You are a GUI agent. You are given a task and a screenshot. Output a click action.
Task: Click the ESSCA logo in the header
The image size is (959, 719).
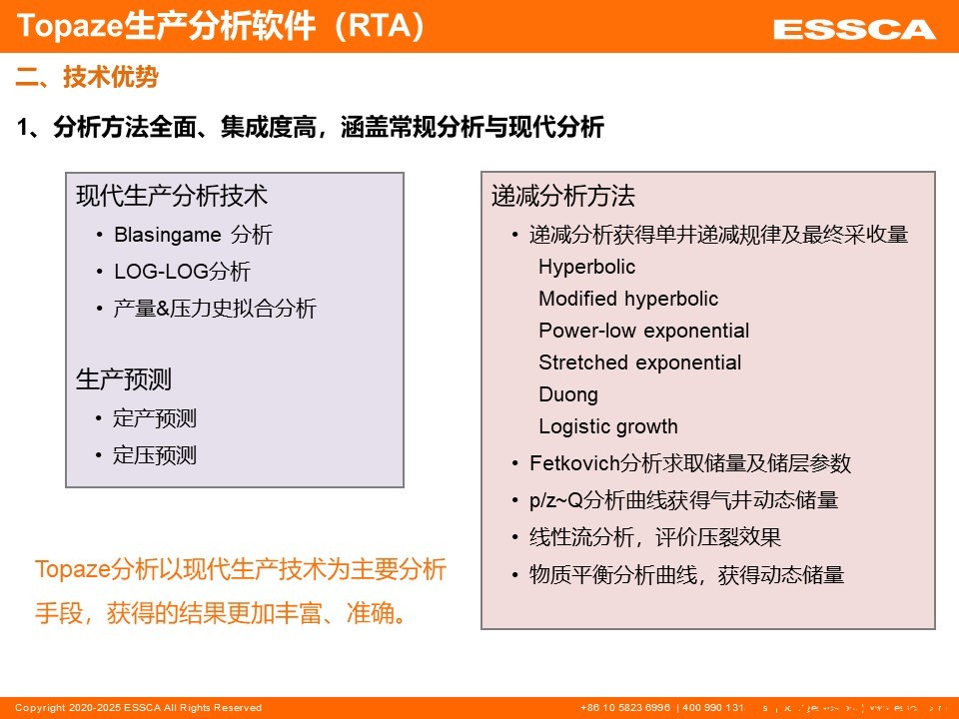coord(853,30)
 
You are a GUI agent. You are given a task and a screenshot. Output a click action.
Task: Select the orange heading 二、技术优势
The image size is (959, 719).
coord(87,77)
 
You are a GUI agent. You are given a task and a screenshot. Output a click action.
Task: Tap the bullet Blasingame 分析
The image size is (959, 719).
coord(193,235)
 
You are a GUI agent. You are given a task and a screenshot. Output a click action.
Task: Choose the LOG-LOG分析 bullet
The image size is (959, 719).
coord(182,272)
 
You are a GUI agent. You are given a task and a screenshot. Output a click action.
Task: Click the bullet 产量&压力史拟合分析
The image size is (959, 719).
coord(214,309)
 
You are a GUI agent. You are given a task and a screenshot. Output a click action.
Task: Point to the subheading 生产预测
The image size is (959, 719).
coord(124,379)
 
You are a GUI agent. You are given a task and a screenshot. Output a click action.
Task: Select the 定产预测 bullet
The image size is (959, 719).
coord(155,418)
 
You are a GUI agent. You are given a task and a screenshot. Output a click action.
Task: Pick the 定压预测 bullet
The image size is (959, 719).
coord(155,455)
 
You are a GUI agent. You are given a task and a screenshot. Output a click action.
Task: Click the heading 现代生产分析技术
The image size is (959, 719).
coord(172,196)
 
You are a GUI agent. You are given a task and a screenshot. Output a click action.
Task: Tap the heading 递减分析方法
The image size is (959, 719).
coord(562,196)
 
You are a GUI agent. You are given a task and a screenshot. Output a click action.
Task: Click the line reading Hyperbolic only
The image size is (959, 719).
coord(586,267)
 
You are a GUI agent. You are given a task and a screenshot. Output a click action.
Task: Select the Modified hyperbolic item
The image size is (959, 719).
coord(627,299)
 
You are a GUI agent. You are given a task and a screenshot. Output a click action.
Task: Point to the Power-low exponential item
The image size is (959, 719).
coord(643,331)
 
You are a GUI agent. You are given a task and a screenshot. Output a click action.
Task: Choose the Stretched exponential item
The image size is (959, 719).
coord(639,362)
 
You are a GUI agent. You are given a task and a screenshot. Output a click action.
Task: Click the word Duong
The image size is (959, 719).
coord(567,394)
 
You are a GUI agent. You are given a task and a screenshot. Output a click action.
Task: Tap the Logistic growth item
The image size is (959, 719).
coord(607,426)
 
